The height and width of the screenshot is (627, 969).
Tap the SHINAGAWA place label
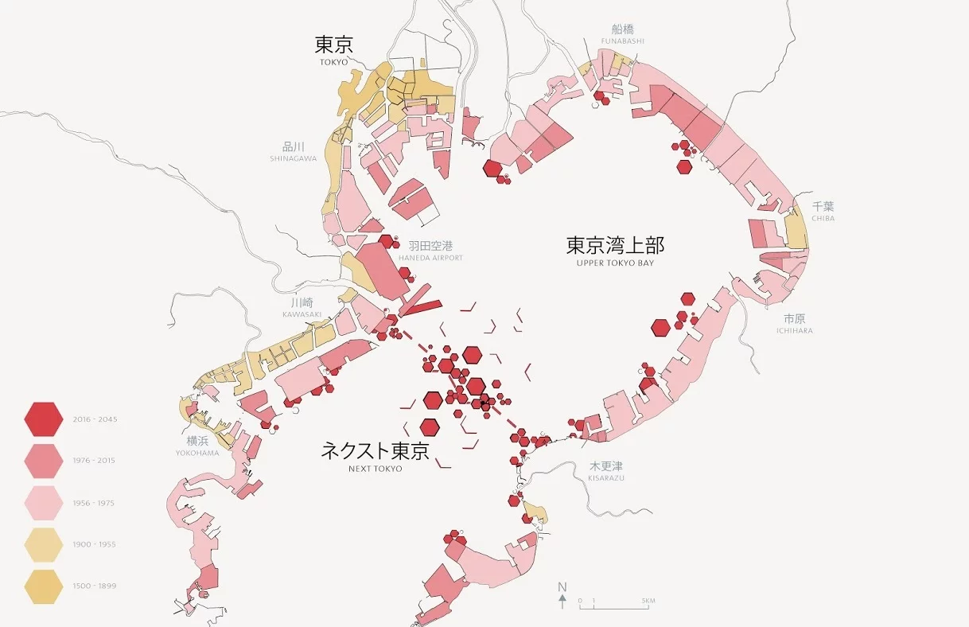tap(293, 158)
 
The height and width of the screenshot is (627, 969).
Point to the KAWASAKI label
tap(302, 314)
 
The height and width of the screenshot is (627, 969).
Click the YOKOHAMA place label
tap(197, 454)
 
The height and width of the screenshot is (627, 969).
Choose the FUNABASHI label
tap(622, 41)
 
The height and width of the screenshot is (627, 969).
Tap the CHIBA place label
tap(823, 218)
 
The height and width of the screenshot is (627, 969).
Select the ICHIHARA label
tap(795, 331)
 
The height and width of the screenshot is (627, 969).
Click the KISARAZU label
tap(606, 477)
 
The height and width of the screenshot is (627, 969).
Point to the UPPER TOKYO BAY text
tap(615, 263)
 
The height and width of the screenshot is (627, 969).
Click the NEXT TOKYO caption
tap(376, 469)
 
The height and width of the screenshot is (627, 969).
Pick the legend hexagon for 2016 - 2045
tap(44, 419)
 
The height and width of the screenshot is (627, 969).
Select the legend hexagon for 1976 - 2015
tap(44, 461)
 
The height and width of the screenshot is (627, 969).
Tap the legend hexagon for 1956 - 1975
tap(44, 503)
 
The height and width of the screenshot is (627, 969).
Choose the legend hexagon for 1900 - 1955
tap(44, 544)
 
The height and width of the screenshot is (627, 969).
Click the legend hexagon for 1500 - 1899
tap(44, 586)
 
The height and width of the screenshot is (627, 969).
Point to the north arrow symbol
tap(562, 596)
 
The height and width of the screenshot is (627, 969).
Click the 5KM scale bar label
tap(648, 600)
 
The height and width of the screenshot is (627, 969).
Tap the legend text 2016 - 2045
tap(95, 419)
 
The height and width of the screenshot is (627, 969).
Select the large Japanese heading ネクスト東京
tap(375, 451)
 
